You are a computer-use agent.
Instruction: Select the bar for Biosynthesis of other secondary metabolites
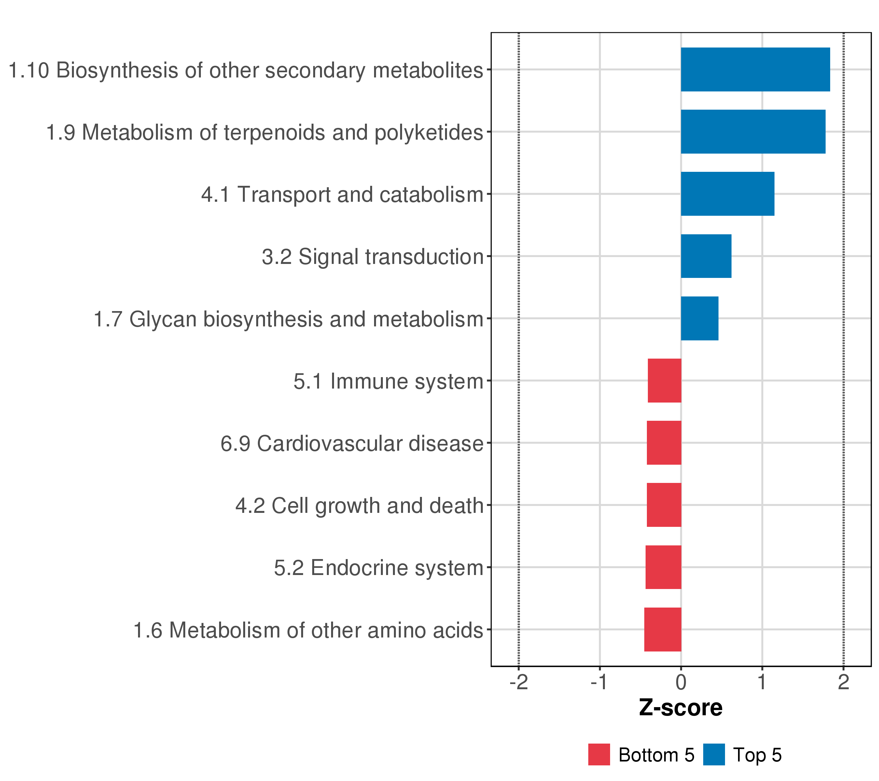tap(755, 70)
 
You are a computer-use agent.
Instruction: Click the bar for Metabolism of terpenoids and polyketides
tap(753, 131)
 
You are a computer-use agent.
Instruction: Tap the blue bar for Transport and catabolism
tap(728, 194)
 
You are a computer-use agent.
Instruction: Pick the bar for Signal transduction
tap(706, 256)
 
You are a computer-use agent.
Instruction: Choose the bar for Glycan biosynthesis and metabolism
tap(700, 319)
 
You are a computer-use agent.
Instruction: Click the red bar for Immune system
tap(664, 380)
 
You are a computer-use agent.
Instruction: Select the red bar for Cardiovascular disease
tap(664, 443)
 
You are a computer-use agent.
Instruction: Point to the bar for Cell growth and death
tap(664, 505)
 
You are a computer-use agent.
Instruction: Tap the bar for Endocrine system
tap(663, 568)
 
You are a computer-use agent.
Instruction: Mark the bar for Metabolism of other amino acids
tap(663, 629)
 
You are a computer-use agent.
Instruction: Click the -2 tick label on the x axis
tap(519, 682)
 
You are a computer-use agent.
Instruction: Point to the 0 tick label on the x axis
tap(681, 682)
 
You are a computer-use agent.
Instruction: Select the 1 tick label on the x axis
tap(762, 682)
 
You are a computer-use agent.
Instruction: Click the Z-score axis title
tap(681, 708)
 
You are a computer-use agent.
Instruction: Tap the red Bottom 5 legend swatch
tap(599, 754)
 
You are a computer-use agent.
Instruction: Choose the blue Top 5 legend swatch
tap(714, 754)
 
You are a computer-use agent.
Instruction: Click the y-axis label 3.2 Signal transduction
tap(373, 257)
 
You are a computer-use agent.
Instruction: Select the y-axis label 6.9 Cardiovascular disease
tap(352, 444)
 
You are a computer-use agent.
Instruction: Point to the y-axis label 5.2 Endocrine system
tap(379, 568)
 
